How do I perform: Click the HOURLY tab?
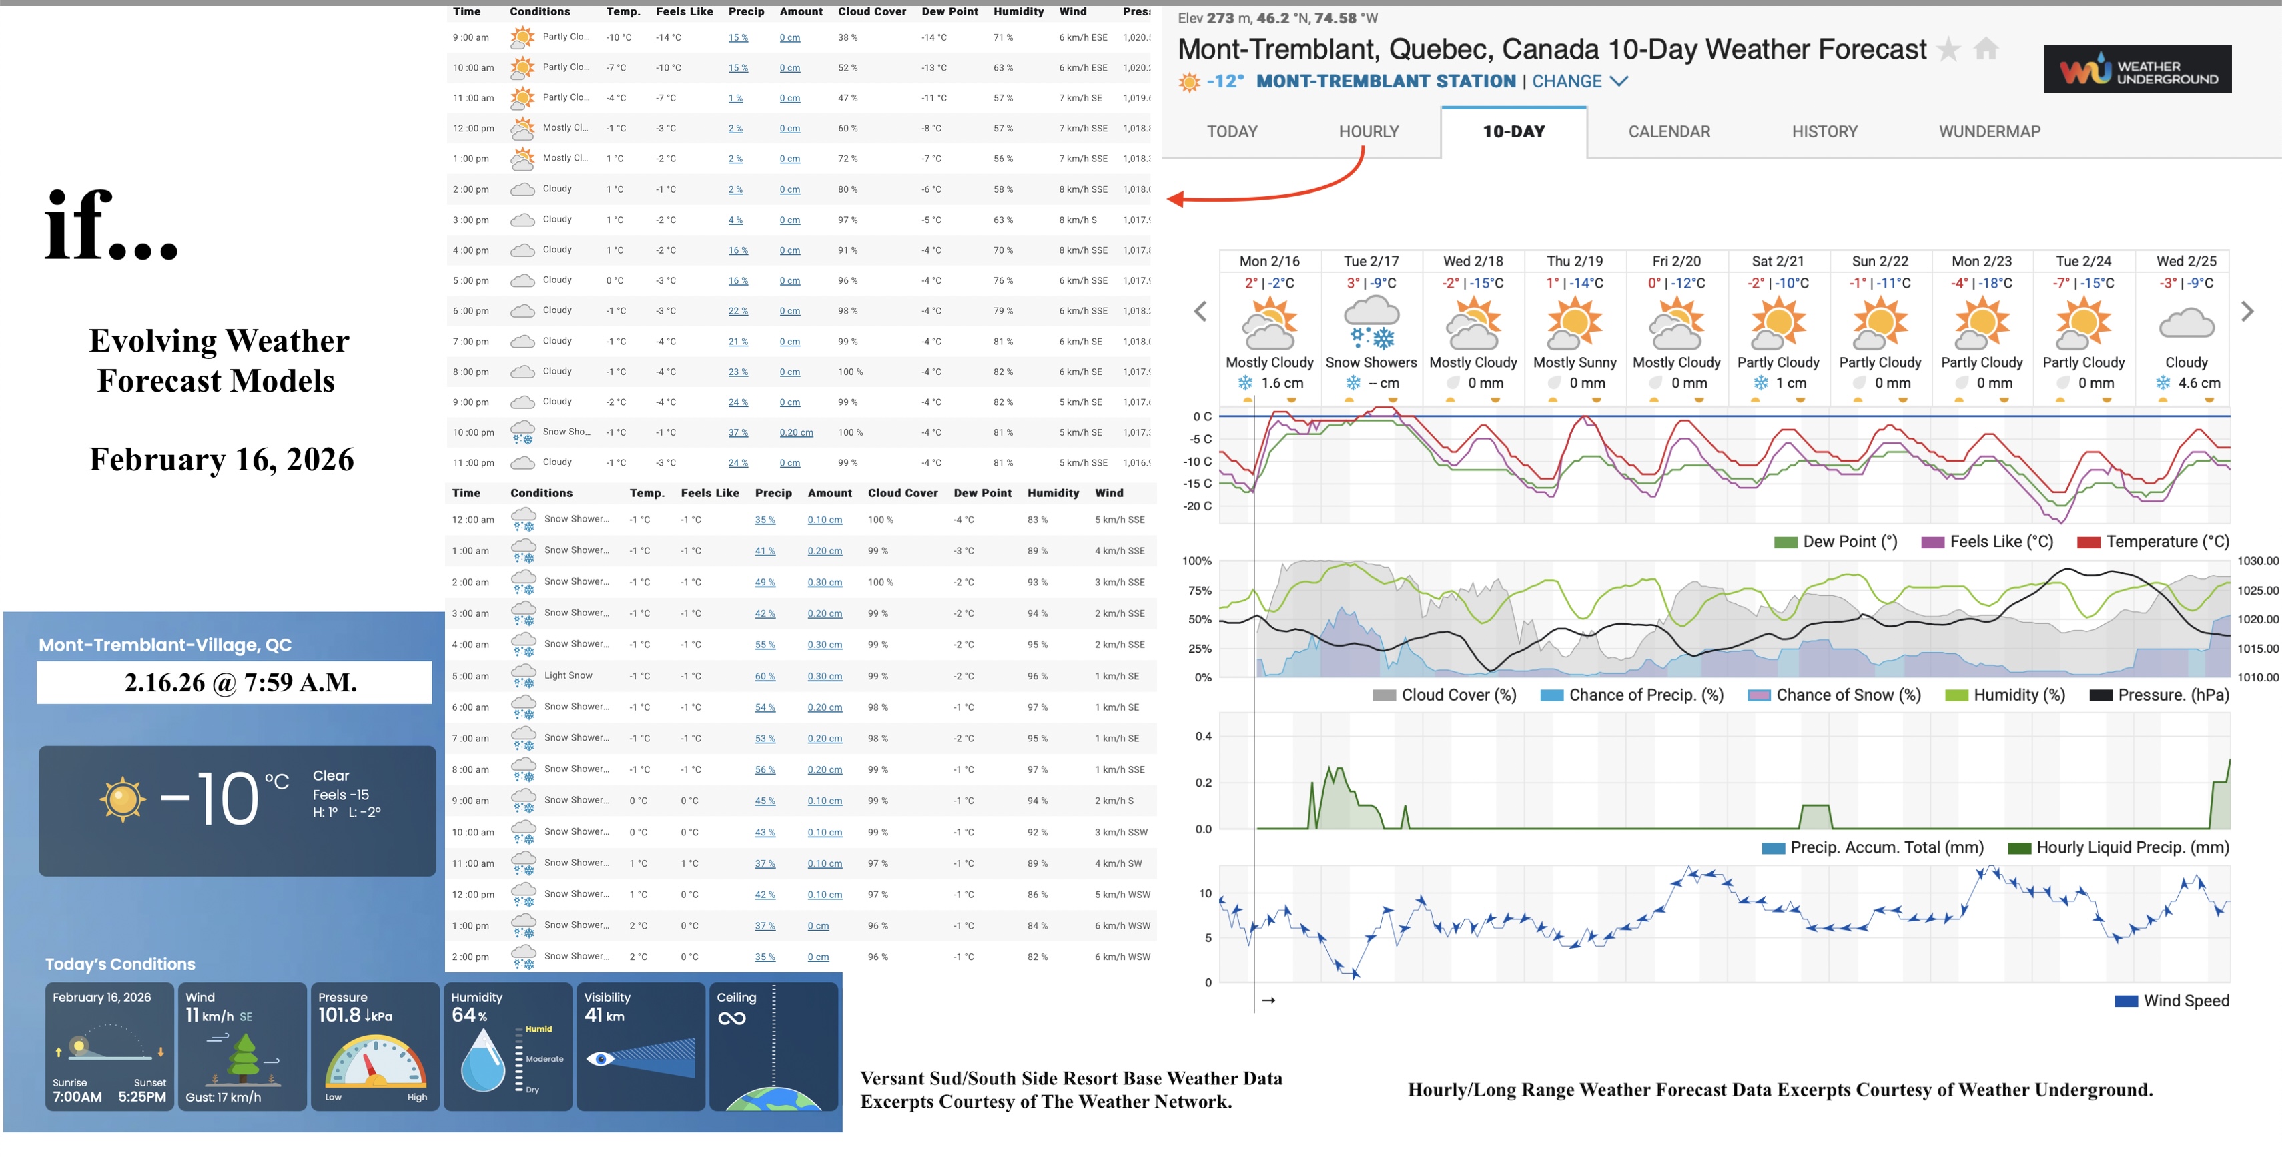pos(1368,132)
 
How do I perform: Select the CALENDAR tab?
pos(1668,132)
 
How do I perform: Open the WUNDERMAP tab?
pos(1989,132)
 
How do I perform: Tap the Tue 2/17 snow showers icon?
pos(1371,324)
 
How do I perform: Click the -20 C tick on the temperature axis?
pos(1198,506)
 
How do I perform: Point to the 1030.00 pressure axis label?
pos(2257,560)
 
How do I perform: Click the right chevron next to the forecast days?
pos(2247,312)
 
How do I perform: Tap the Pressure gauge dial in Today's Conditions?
pos(375,1062)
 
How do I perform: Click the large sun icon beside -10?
pos(122,799)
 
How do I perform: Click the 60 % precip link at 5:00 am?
pos(765,677)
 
